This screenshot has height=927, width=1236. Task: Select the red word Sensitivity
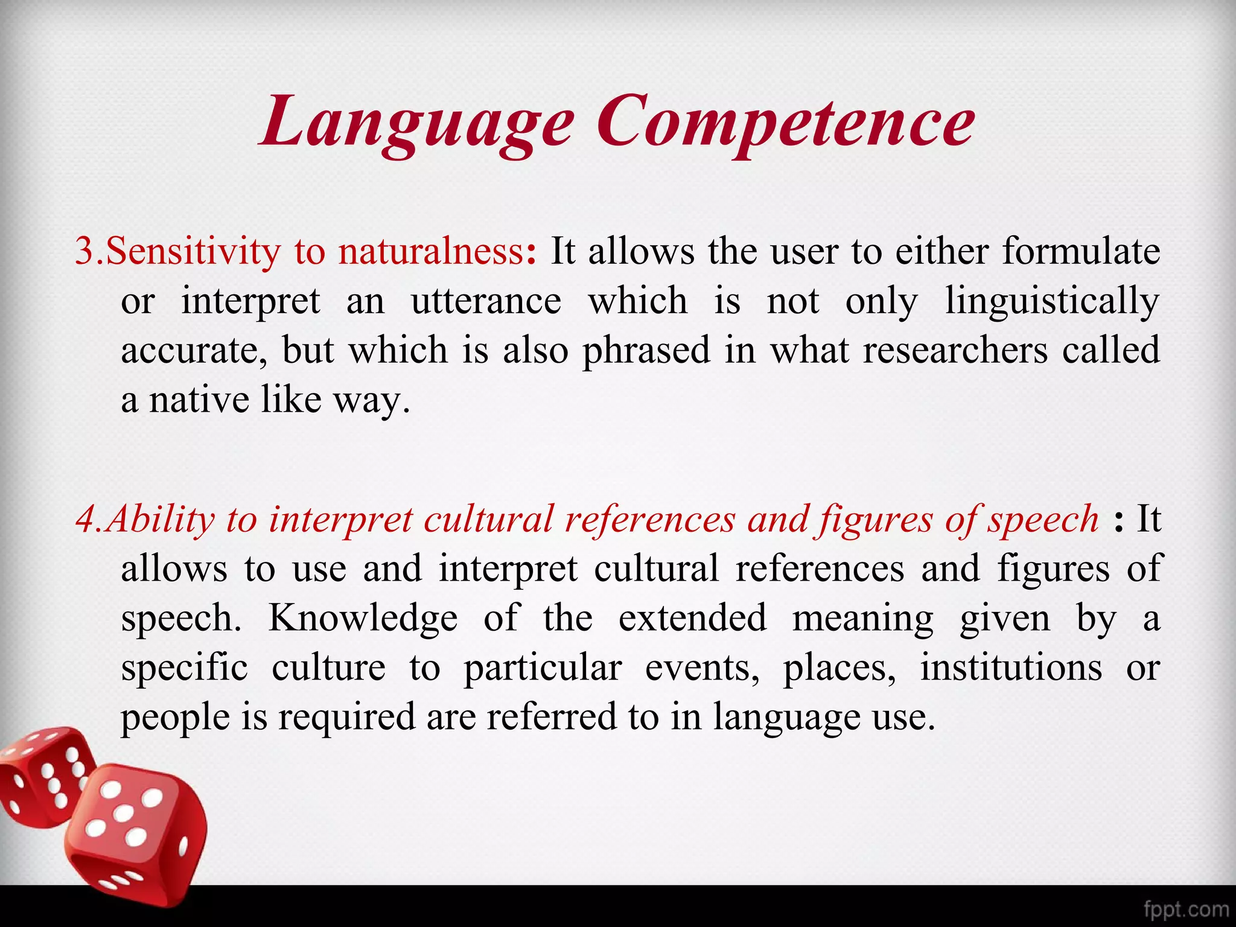pyautogui.click(x=193, y=252)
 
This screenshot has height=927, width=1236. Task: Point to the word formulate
pyautogui.click(x=1081, y=252)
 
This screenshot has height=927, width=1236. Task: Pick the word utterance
pyautogui.click(x=486, y=301)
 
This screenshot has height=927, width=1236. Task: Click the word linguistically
pyautogui.click(x=1052, y=301)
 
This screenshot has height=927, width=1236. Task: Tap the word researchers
pyautogui.click(x=955, y=351)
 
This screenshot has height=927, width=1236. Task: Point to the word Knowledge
pyautogui.click(x=363, y=619)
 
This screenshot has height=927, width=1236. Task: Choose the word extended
pyautogui.click(x=692, y=619)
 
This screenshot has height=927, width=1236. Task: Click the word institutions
pyautogui.click(x=1011, y=668)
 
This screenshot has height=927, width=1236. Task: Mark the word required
pyautogui.click(x=346, y=718)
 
